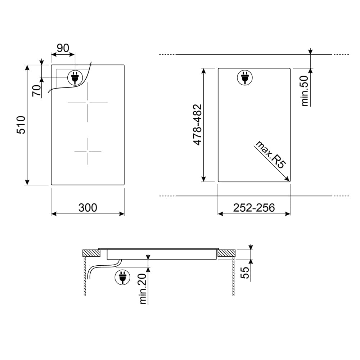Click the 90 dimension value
63,48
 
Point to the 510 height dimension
21,125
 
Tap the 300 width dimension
88,208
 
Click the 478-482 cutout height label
197,125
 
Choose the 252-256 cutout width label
254,208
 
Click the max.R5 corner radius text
270,155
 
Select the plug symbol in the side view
122,278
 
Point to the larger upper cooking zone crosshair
87,102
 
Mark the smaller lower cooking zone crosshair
87,151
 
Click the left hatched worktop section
90,253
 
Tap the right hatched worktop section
226,253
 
